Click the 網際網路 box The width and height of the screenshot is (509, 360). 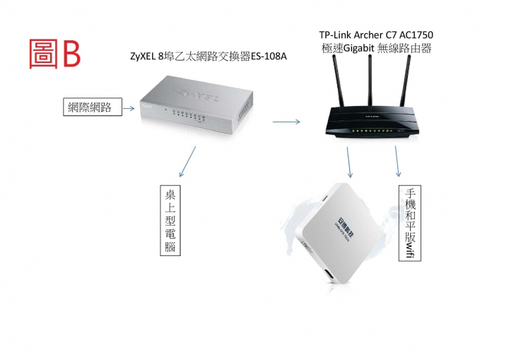[x=89, y=108]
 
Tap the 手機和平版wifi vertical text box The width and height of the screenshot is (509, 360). [x=409, y=223]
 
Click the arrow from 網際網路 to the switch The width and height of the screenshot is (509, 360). [x=129, y=109]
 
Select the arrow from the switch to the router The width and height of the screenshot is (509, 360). [x=286, y=122]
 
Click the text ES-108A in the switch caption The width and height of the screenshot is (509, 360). [x=270, y=57]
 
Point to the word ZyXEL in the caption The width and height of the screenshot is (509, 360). [x=144, y=57]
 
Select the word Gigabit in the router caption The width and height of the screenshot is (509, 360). [x=361, y=48]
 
